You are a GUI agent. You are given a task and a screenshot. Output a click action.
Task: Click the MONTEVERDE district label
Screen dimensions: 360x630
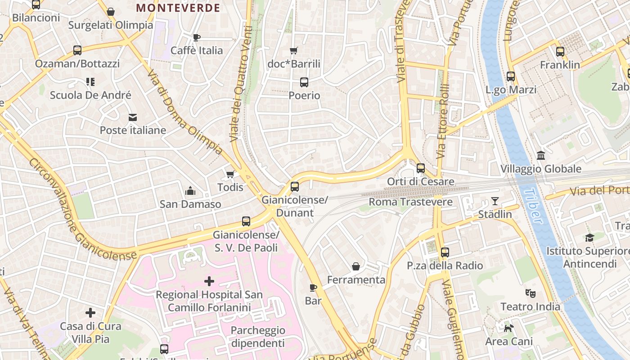178,8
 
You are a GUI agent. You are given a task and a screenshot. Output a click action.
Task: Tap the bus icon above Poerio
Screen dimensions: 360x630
304,82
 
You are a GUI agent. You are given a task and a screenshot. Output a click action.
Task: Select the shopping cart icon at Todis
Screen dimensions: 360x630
230,174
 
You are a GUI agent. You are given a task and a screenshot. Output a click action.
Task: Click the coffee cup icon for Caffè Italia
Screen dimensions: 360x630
196,37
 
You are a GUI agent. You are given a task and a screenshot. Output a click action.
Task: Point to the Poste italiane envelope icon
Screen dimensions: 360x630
133,117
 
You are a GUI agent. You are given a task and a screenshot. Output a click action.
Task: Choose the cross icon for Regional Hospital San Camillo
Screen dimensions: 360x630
209,281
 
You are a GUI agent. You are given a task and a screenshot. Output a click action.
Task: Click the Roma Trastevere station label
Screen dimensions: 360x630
410,202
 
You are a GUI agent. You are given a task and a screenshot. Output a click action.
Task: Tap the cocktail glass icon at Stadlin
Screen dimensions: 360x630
495,201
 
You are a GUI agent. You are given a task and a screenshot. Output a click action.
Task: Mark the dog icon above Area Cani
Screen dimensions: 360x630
508,328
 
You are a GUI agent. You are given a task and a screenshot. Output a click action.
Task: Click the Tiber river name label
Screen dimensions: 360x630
533,206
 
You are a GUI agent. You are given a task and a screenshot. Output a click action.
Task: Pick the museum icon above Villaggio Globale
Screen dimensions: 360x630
541,156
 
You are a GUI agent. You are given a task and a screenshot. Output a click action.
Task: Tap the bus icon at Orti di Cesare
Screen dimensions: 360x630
421,168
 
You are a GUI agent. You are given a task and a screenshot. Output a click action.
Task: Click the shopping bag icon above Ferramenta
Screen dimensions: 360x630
356,266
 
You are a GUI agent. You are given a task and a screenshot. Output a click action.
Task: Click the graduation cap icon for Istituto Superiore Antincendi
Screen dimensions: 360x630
589,237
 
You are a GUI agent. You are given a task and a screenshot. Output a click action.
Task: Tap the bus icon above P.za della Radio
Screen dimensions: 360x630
445,252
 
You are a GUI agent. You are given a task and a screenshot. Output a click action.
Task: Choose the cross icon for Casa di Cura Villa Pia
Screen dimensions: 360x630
90,313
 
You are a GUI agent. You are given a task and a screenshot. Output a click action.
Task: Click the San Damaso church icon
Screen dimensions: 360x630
190,191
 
